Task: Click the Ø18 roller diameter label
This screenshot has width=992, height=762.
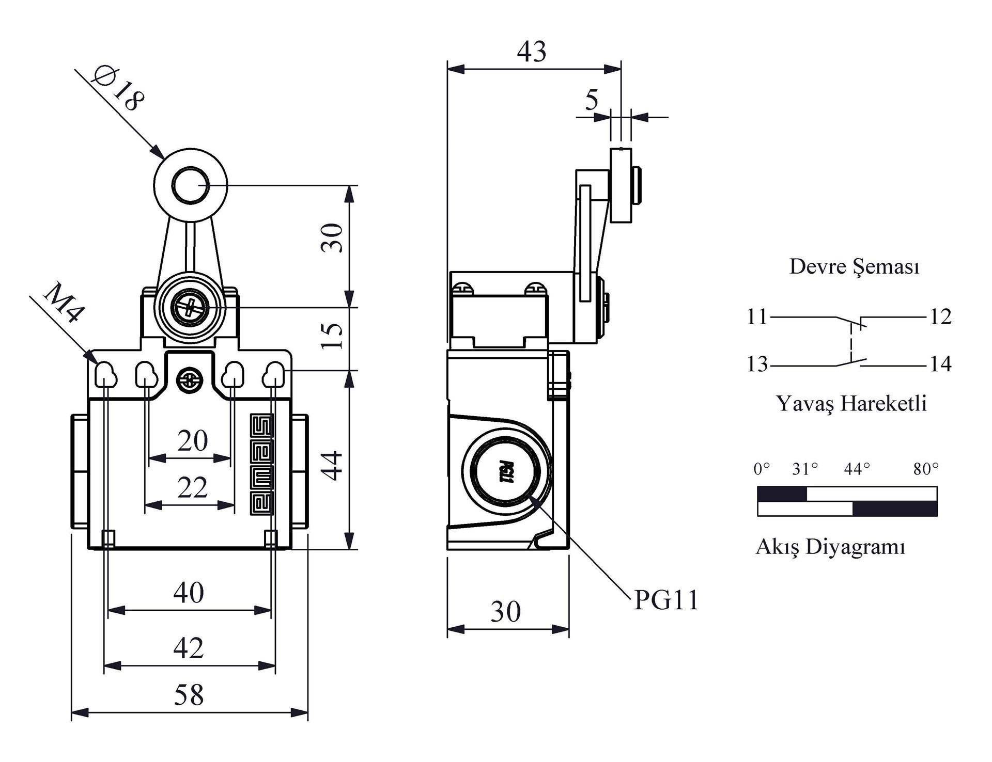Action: coord(118,89)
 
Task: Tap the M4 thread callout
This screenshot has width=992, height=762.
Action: coord(64,303)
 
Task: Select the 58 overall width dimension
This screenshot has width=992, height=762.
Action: coord(189,695)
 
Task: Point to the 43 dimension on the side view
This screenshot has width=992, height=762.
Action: coord(532,52)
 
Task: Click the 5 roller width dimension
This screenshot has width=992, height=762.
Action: coord(592,100)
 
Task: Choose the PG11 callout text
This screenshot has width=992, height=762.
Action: coord(666,600)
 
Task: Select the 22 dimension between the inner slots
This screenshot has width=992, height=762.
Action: coord(192,488)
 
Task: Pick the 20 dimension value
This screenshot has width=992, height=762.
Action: coord(192,441)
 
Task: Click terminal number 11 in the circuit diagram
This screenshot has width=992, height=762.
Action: coord(757,316)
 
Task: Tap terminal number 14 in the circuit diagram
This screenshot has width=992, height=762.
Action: coord(940,364)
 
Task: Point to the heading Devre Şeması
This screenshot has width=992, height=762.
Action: coord(854,267)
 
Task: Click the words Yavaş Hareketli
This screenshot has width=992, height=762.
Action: coord(851,403)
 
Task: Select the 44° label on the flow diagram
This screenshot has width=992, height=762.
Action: coord(857,469)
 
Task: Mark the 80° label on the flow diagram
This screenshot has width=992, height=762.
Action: coord(925,469)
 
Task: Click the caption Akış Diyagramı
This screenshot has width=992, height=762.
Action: coord(830,547)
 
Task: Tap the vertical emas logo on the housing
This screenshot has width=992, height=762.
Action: coord(262,464)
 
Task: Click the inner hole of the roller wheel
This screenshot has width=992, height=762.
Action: coord(190,185)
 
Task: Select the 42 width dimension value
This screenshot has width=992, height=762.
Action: coord(189,648)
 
